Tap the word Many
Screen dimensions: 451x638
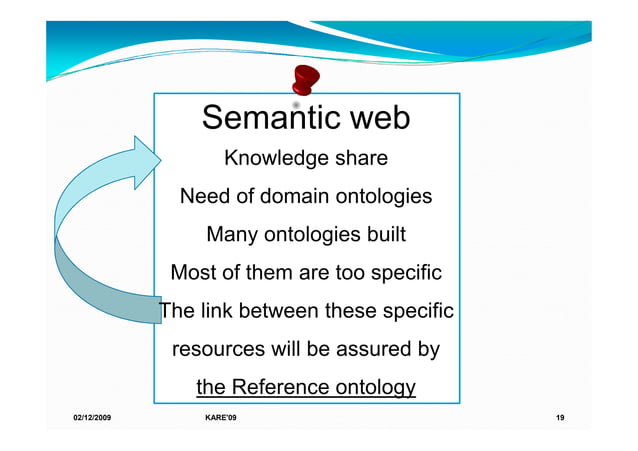click(x=231, y=235)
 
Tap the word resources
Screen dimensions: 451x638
click(x=219, y=351)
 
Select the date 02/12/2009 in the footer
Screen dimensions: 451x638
click(x=92, y=416)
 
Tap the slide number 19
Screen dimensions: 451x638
click(x=560, y=416)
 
